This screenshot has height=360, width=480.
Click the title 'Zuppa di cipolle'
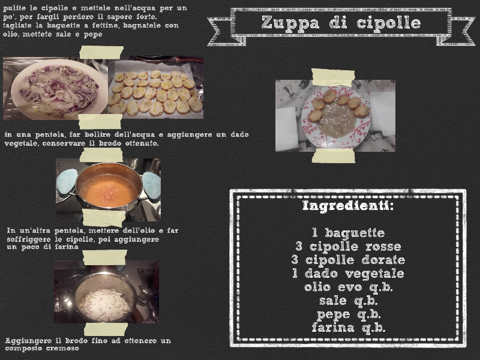click(341, 22)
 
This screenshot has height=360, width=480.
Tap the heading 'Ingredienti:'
click(348, 205)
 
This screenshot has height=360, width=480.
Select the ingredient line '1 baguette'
click(349, 233)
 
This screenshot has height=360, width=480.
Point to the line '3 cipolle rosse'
click(349, 247)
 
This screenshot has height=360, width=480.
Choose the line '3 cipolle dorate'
click(349, 260)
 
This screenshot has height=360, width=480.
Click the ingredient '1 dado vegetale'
click(349, 274)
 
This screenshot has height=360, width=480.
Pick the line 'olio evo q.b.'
click(349, 287)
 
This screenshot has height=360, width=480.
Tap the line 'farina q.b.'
click(349, 328)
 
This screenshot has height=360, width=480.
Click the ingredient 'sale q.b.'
click(349, 301)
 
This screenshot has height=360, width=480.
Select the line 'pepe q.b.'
click(349, 314)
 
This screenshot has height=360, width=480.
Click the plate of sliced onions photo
click(56, 88)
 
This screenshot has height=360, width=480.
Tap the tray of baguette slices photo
click(156, 88)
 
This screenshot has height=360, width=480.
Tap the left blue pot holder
click(67, 182)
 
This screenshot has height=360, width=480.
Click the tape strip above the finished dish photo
click(333, 77)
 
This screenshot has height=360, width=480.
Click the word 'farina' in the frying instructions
click(67, 247)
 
